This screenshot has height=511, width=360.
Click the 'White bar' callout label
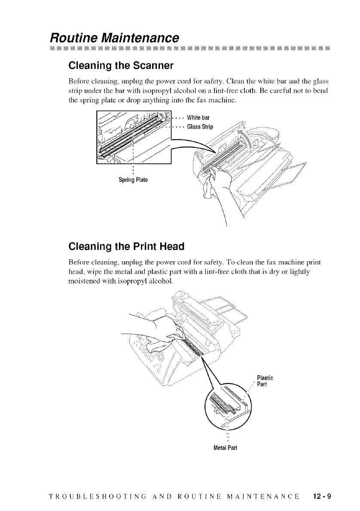pos(201,118)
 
